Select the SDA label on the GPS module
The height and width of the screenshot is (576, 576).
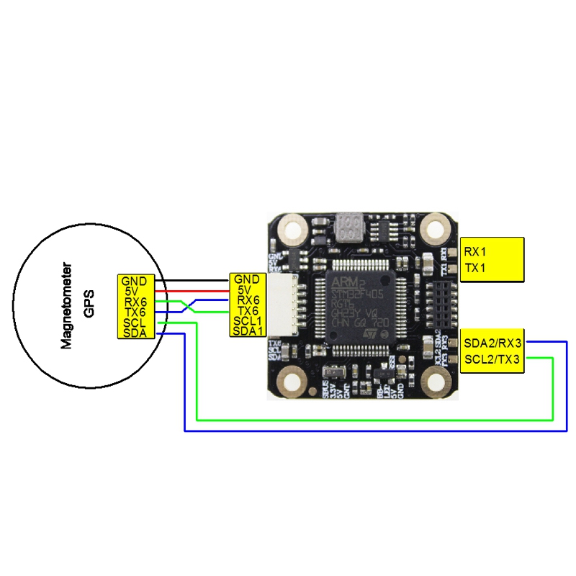click(x=134, y=333)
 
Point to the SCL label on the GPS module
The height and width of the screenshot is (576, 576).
click(x=134, y=323)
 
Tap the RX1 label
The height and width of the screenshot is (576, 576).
click(x=475, y=252)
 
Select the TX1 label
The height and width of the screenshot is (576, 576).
click(x=475, y=268)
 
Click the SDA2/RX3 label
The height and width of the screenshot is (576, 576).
click(x=492, y=344)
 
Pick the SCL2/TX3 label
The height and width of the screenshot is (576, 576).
click(x=492, y=359)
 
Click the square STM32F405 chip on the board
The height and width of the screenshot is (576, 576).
click(x=357, y=307)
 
